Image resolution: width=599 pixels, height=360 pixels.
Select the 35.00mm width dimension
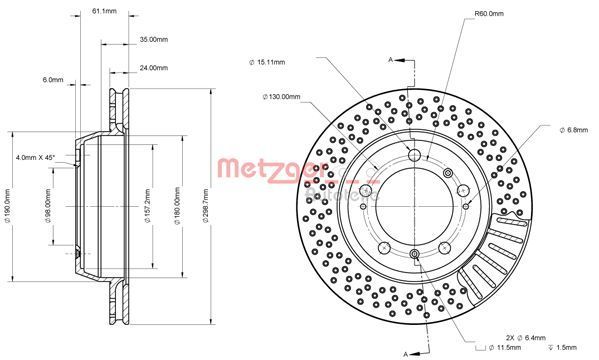(x=152, y=40)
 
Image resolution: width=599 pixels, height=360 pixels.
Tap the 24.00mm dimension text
(x=152, y=69)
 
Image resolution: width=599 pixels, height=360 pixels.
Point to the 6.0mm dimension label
(x=52, y=79)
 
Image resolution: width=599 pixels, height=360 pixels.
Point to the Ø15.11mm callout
(x=267, y=63)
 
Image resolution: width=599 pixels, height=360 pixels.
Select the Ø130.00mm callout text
(x=281, y=96)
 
